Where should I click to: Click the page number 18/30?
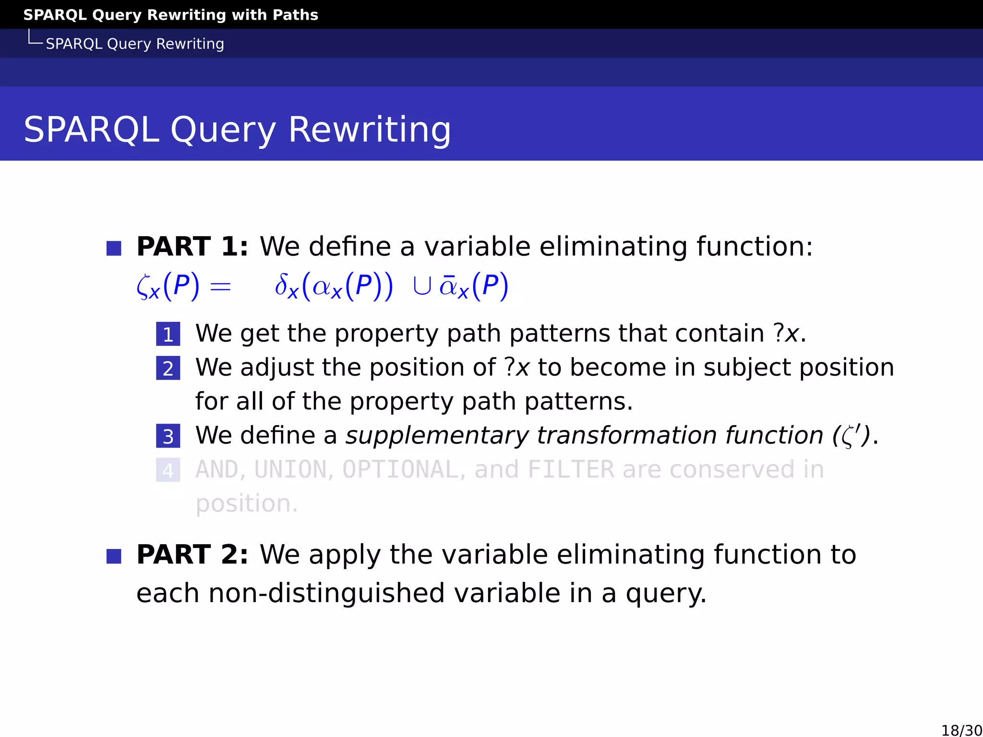point(961,730)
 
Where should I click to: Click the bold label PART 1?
point(192,247)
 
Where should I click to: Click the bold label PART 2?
point(192,555)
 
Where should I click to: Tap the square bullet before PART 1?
point(114,249)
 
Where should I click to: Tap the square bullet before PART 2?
point(114,557)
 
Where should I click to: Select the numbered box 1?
point(168,334)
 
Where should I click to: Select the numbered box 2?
point(168,368)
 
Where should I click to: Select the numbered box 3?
point(168,436)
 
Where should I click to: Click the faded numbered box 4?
point(168,470)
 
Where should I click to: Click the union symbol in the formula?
point(421,286)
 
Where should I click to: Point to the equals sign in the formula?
point(221,287)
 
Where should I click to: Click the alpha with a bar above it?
point(448,286)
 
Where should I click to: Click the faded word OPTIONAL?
point(400,470)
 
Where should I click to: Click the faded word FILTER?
point(571,470)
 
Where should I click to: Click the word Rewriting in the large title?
point(370,130)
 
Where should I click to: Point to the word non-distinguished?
point(326,594)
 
